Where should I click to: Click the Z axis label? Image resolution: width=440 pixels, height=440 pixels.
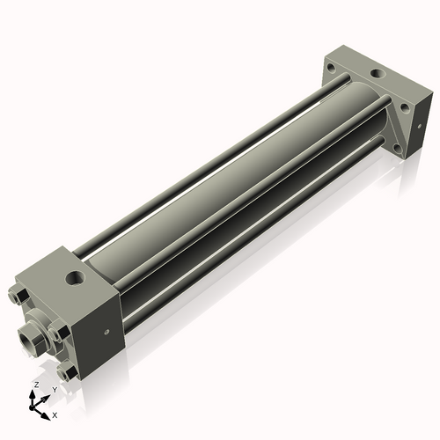tap(35, 385)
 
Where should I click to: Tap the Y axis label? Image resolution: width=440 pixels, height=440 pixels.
tap(55, 389)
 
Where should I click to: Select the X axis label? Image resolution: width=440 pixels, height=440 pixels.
tap(55, 414)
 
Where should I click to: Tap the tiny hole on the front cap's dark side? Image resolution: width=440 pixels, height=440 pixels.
tap(106, 333)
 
